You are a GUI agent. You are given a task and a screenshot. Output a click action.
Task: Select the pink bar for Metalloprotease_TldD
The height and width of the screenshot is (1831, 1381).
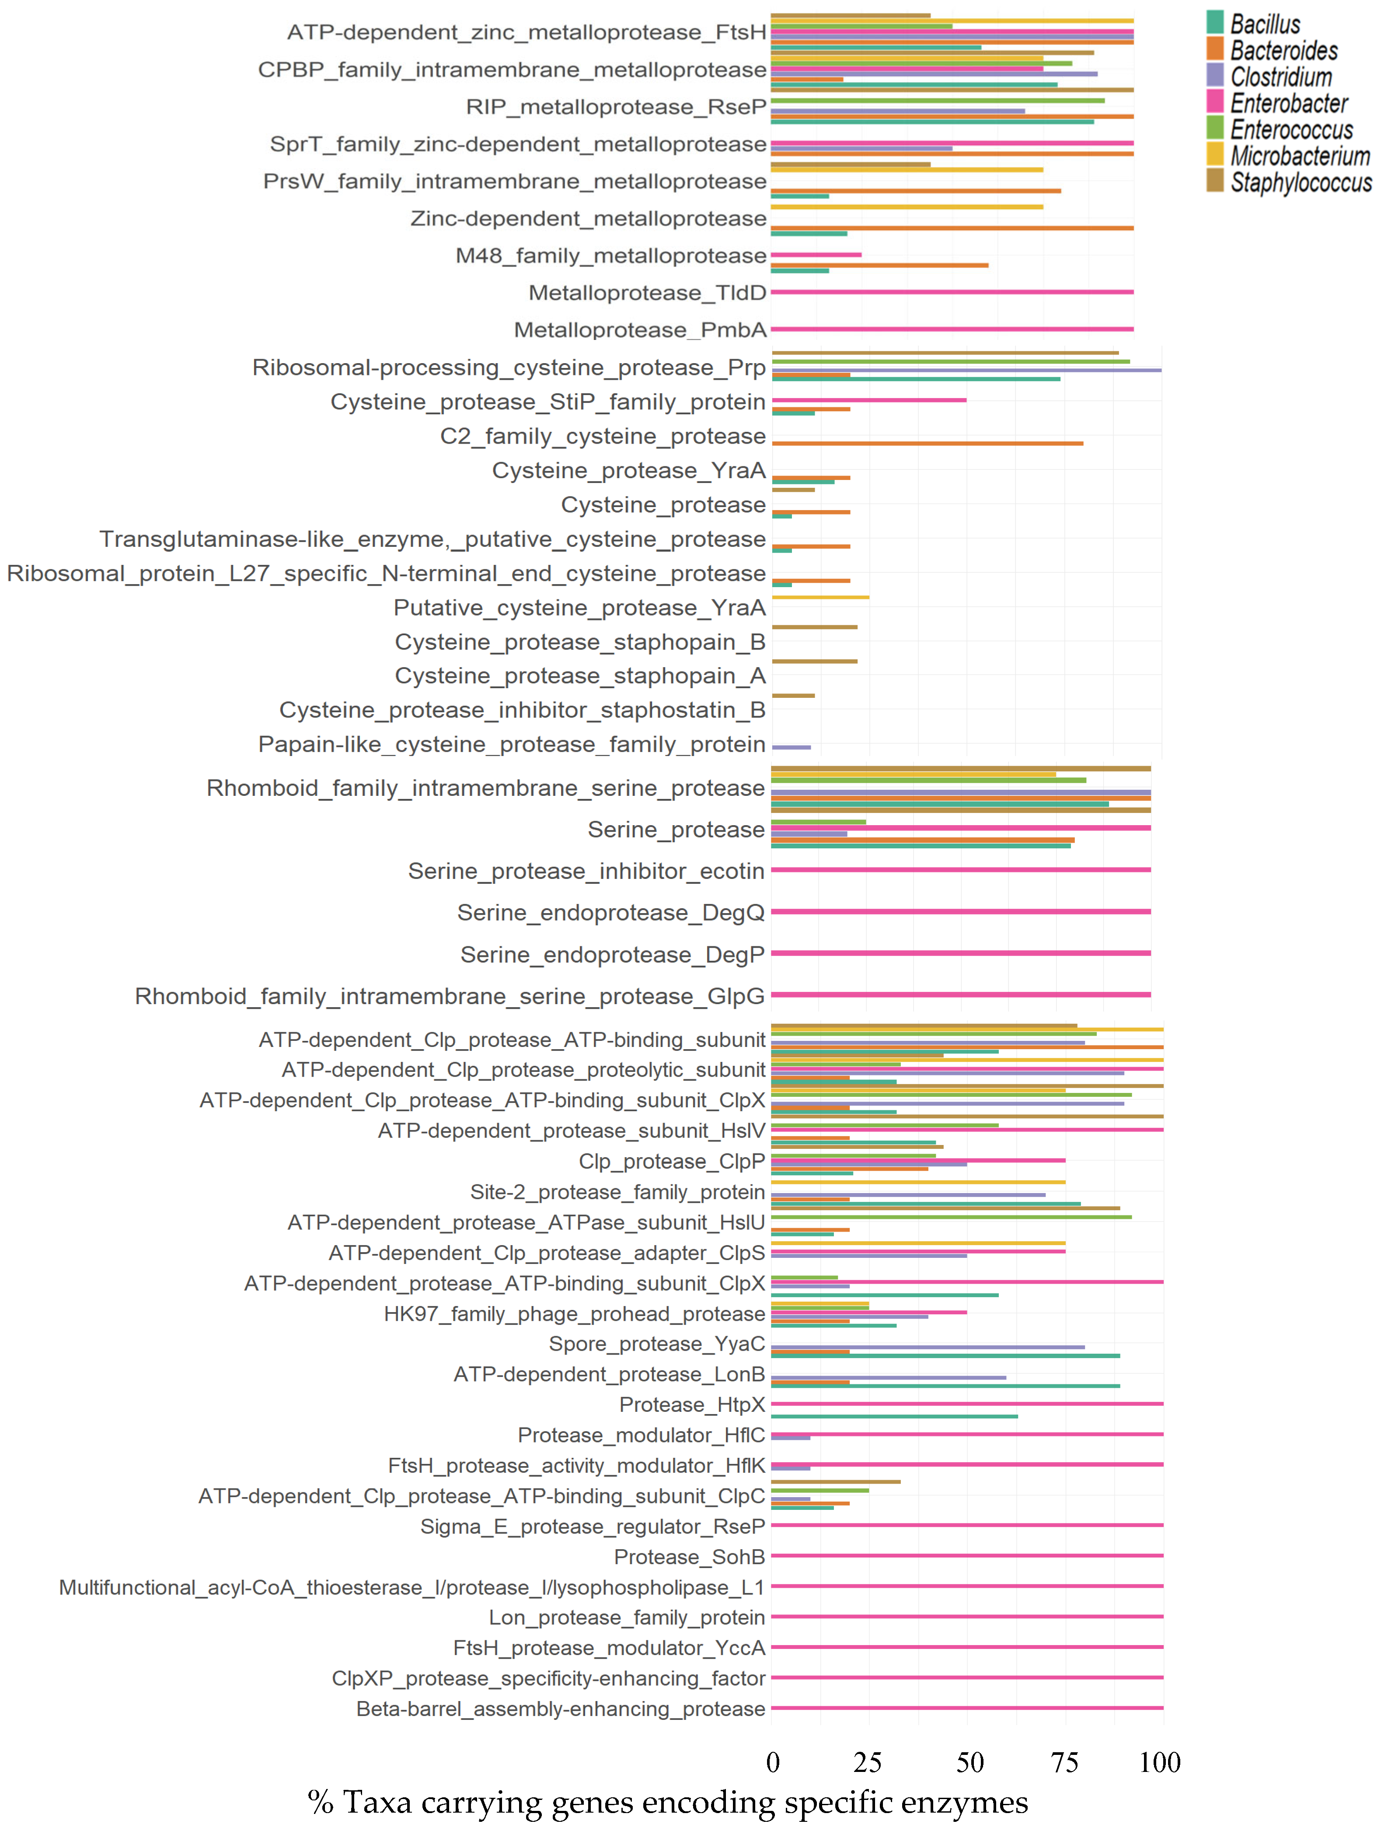pos(952,292)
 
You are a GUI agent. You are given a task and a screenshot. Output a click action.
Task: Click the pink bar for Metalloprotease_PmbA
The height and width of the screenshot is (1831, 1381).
pos(952,329)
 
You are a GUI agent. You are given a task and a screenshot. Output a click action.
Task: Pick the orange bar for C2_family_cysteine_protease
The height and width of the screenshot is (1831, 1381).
pos(927,444)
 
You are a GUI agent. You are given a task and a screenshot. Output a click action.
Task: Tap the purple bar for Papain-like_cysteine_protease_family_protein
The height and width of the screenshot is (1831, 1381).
pos(791,747)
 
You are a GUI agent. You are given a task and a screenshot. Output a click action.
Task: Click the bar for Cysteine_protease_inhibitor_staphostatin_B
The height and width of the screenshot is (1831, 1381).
pos(793,695)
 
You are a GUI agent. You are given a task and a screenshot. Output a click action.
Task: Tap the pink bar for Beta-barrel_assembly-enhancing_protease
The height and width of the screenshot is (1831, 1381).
pos(966,1708)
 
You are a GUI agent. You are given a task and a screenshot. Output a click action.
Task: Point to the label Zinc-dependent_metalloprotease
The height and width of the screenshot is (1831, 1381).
pos(588,218)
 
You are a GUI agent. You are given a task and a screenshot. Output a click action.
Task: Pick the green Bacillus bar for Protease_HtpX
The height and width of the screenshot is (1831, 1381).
pos(894,1416)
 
